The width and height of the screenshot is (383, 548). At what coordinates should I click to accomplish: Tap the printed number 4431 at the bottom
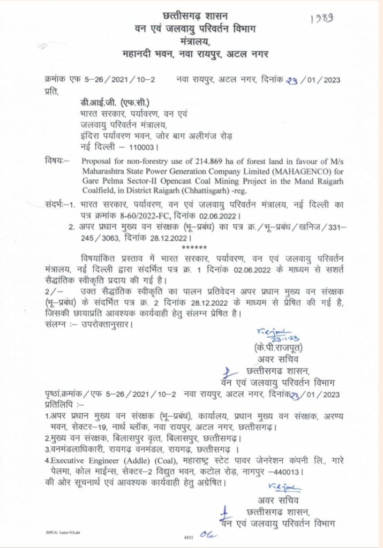point(189,536)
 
